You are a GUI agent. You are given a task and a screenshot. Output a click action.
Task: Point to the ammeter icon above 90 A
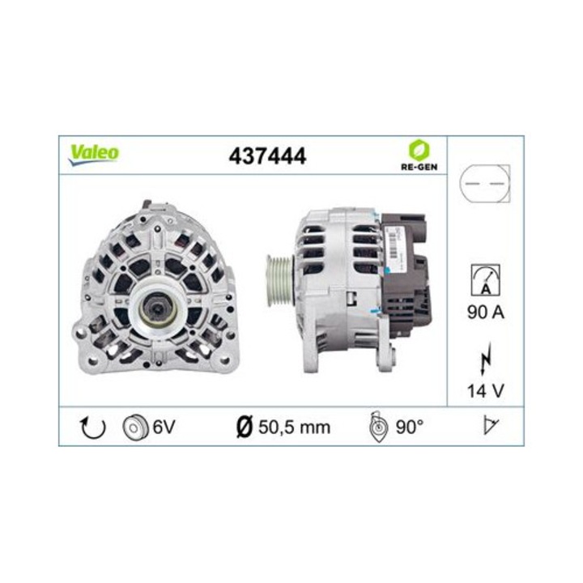[x=485, y=280]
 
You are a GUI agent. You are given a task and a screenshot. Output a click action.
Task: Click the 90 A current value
[x=485, y=313]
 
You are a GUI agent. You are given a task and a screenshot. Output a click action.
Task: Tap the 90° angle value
[x=411, y=427]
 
